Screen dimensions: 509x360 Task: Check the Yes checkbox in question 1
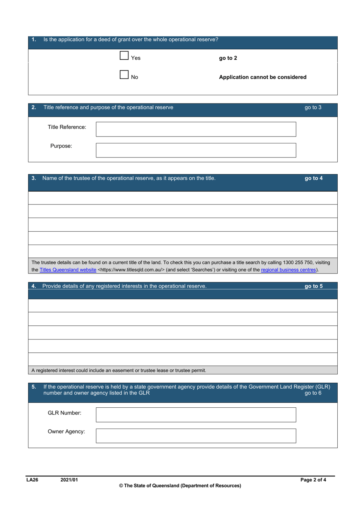[x=124, y=56]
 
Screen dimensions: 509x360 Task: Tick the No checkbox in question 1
[x=124, y=75]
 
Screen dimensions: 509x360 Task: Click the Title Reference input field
[x=196, y=129]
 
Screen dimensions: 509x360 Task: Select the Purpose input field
[x=196, y=150]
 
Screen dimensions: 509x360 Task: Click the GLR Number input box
[x=196, y=415]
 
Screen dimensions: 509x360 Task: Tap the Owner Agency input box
[x=196, y=436]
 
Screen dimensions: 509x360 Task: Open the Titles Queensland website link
[x=68, y=270]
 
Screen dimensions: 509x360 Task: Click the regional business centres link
[x=288, y=270]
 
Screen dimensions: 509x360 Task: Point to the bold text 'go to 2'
[x=228, y=58]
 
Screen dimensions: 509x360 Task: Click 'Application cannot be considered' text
[x=262, y=77]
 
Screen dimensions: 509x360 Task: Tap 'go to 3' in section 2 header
[x=313, y=107]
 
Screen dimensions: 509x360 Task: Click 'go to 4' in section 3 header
[x=313, y=178]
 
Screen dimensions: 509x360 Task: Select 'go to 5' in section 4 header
[x=313, y=286]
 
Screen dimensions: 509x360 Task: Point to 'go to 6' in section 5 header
[x=313, y=393]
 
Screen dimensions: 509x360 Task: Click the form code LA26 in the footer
[x=32, y=480]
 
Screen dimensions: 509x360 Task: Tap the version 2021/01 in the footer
[x=69, y=480]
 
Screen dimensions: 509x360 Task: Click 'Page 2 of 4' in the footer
[x=313, y=480]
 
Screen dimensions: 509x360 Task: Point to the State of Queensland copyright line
[x=180, y=485]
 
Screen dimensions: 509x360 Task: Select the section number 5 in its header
[x=34, y=387]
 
